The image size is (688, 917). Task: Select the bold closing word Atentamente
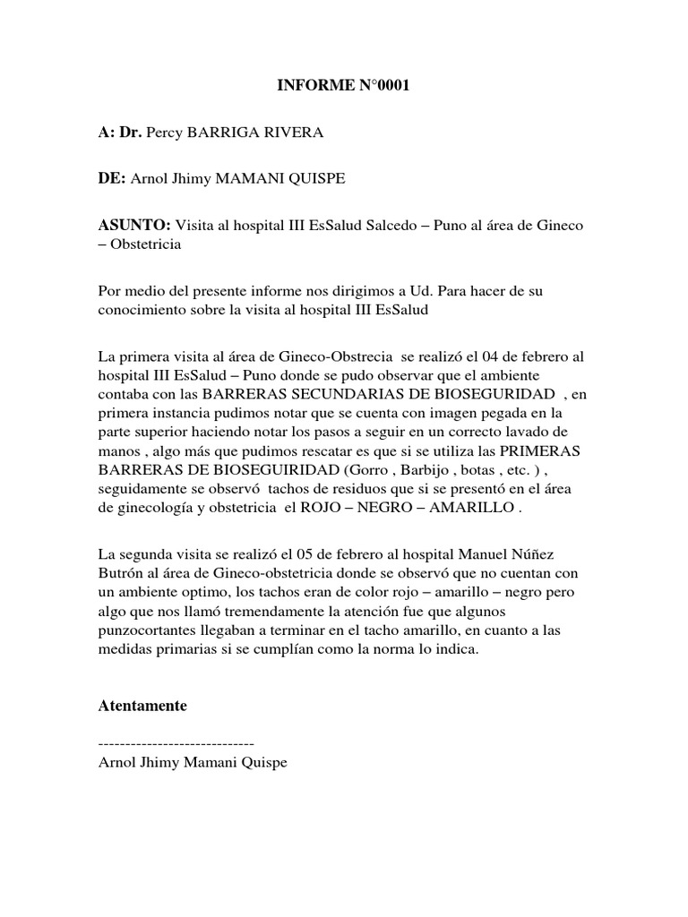click(142, 706)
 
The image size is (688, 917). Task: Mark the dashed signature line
click(176, 743)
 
